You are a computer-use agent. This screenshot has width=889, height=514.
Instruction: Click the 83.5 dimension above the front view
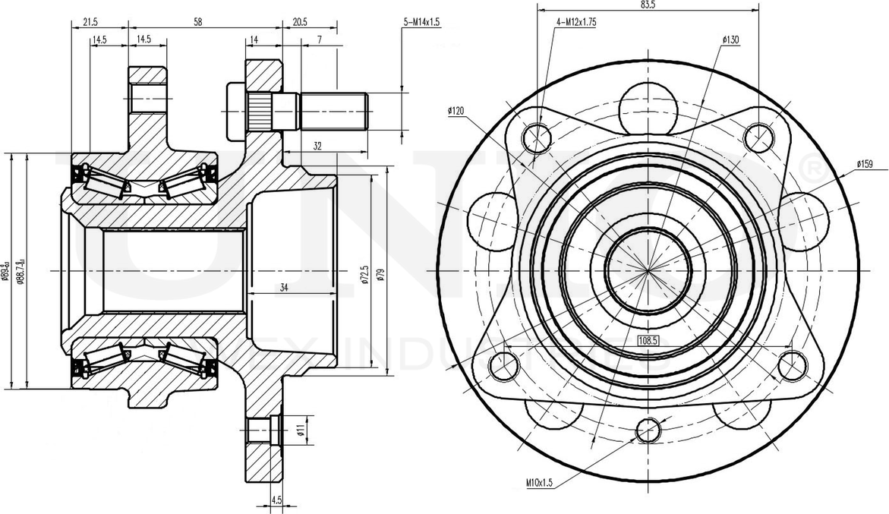pyautogui.click(x=648, y=5)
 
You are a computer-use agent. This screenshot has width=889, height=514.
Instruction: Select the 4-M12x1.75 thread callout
pyautogui.click(x=576, y=22)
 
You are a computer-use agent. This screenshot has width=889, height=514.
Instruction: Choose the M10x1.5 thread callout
pyautogui.click(x=537, y=482)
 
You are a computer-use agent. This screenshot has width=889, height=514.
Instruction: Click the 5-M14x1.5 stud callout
pyautogui.click(x=421, y=23)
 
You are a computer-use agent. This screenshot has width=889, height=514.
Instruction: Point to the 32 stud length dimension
pyautogui.click(x=318, y=147)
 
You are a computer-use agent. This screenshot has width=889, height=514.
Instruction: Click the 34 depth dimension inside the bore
pyautogui.click(x=284, y=288)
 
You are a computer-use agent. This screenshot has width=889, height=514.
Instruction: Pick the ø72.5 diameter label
pyautogui.click(x=365, y=274)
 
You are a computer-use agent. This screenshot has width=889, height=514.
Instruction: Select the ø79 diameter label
pyautogui.click(x=380, y=274)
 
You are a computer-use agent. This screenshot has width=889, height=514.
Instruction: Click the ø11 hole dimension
pyautogui.click(x=301, y=431)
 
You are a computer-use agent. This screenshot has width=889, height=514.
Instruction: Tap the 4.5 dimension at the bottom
pyautogui.click(x=276, y=500)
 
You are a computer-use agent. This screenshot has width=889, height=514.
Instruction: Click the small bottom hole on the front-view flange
pyautogui.click(x=648, y=430)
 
